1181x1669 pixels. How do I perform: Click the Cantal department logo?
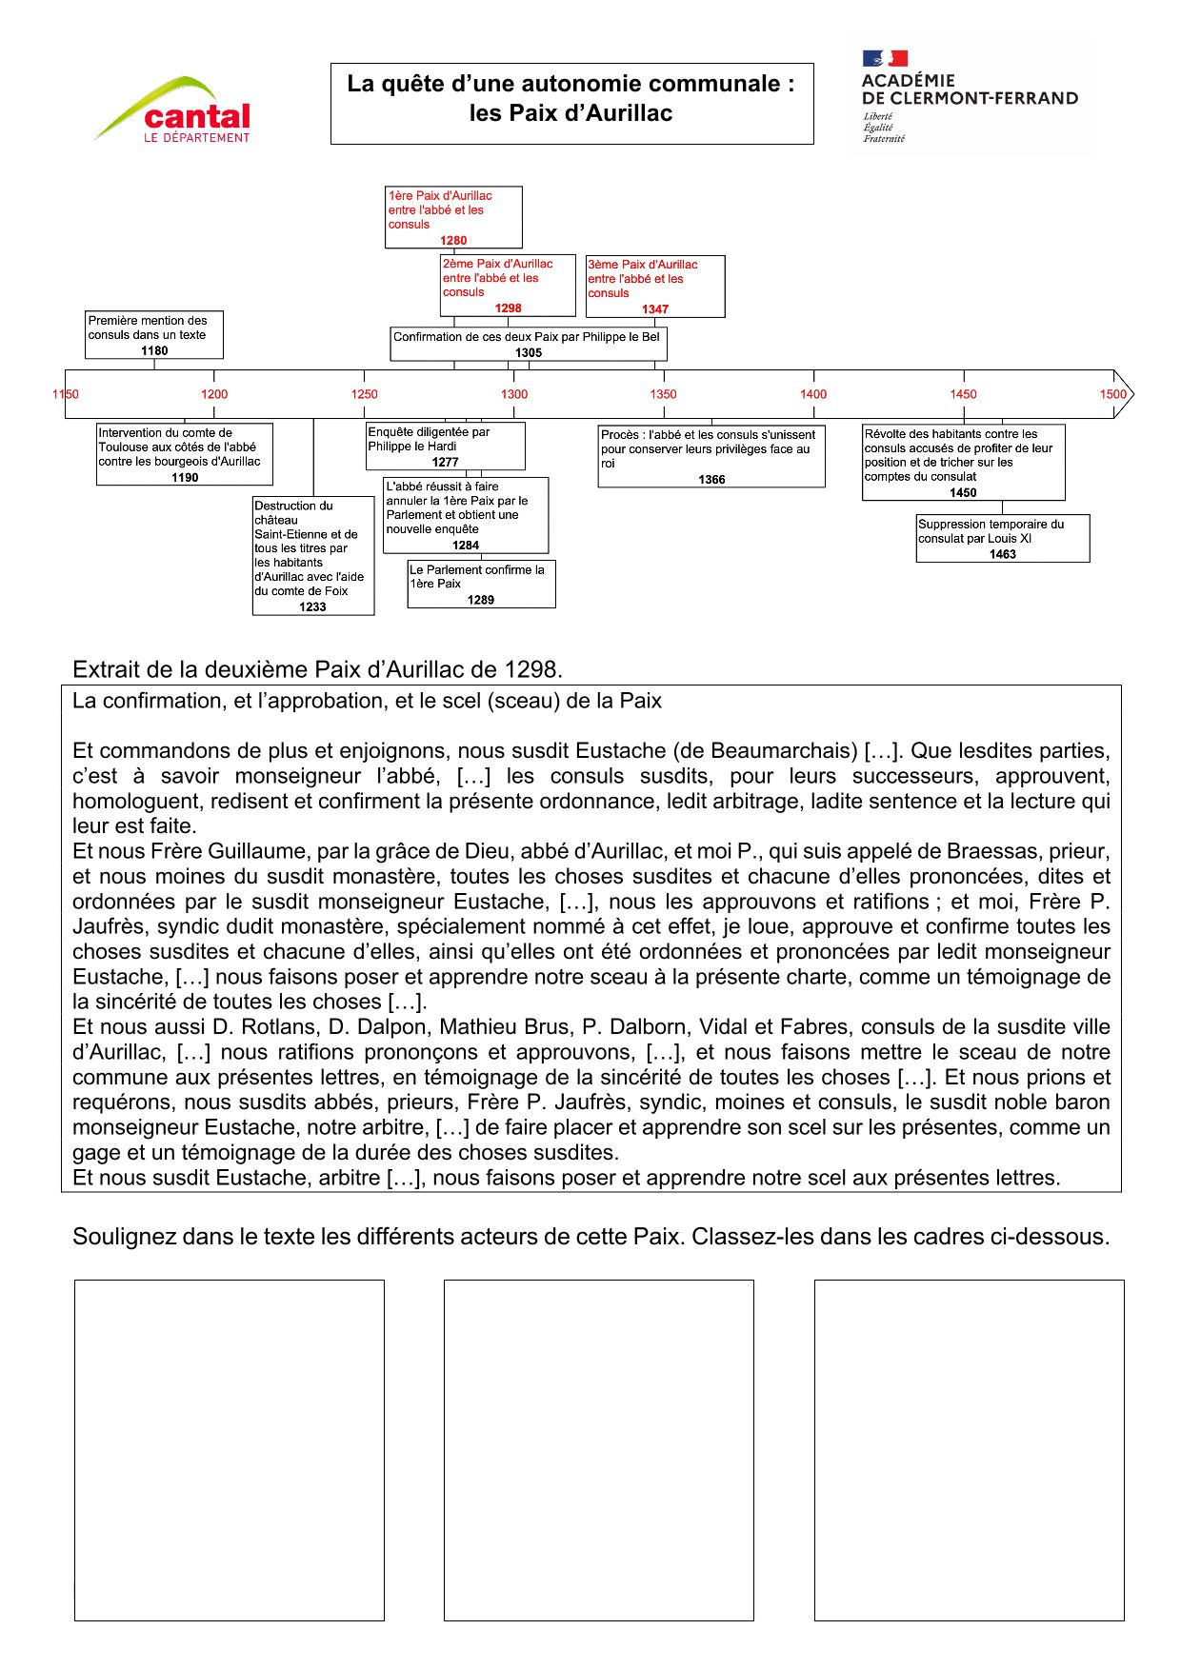[x=175, y=110]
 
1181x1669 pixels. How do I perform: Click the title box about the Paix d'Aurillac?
[x=571, y=103]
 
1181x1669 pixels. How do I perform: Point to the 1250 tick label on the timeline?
[x=364, y=394]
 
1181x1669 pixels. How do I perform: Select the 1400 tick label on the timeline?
[x=813, y=394]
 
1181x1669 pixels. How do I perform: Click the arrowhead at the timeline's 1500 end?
[x=1124, y=393]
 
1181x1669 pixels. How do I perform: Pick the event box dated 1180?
[x=153, y=334]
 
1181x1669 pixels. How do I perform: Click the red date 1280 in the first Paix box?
[x=453, y=241]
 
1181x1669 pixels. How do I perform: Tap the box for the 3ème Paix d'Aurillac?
[x=655, y=286]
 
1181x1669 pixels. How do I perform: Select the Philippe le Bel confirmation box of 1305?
[x=529, y=344]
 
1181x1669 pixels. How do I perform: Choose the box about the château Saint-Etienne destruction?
[x=312, y=555]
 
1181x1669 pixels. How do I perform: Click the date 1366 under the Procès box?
[x=711, y=480]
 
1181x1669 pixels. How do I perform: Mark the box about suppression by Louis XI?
[x=1002, y=538]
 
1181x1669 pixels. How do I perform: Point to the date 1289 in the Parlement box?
[x=481, y=600]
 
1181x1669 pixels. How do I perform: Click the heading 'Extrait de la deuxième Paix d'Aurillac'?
[x=317, y=669]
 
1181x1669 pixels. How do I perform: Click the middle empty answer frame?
[x=598, y=1449]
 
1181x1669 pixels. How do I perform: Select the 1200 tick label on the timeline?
[x=214, y=394]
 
